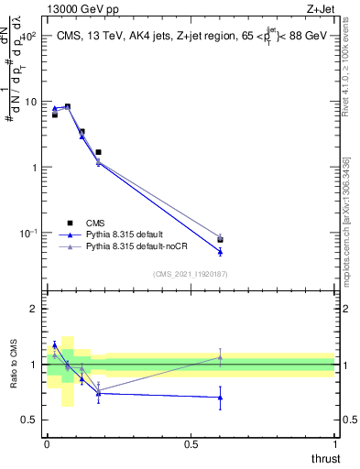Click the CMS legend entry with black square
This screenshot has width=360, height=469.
pos(92,222)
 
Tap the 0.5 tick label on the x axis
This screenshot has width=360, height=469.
pos(191,443)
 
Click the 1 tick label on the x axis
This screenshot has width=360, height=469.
pos(334,443)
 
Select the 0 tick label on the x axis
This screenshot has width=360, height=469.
pos(47,443)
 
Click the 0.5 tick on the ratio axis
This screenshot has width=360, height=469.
pos(31,420)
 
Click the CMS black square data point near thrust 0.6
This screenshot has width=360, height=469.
pos(220,240)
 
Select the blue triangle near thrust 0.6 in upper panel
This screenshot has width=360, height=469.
pos(220,251)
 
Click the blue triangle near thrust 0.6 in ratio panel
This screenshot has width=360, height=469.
pos(220,398)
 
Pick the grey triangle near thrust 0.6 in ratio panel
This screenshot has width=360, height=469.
pos(220,357)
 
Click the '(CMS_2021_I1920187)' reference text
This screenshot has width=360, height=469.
pos(190,274)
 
